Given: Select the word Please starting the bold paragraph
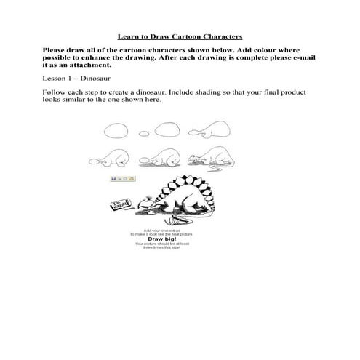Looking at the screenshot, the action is click(59, 50).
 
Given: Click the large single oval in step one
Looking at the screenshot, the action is click(116, 132).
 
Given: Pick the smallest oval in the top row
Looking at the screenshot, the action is click(145, 134).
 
